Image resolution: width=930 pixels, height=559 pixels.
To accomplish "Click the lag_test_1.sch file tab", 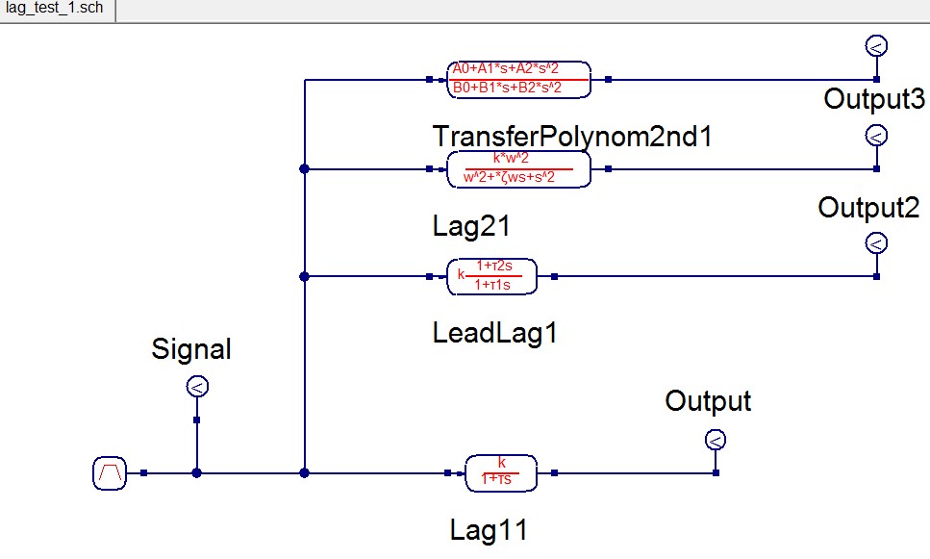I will click(x=56, y=11).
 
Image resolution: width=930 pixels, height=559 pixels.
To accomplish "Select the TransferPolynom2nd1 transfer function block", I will click(x=518, y=79).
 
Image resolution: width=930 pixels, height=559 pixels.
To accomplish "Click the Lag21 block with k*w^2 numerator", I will click(x=518, y=168).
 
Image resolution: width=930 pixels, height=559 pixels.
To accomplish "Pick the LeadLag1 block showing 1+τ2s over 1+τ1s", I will click(x=492, y=276).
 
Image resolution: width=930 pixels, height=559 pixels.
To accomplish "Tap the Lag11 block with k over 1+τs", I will click(x=501, y=472).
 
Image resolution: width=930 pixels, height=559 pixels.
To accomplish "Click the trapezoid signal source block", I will click(x=110, y=473).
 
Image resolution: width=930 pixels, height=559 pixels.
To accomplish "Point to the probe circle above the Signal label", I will click(x=196, y=388).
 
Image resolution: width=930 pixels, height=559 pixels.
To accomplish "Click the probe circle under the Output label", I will click(x=715, y=441).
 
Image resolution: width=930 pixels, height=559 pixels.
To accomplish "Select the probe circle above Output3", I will click(x=876, y=45).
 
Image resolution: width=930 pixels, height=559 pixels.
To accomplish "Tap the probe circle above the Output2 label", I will click(x=876, y=136).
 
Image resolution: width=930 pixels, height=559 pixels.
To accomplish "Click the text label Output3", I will click(x=874, y=99).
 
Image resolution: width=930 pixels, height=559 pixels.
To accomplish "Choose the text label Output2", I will click(x=868, y=207).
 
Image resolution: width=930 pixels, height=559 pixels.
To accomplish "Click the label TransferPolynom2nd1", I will click(x=572, y=136).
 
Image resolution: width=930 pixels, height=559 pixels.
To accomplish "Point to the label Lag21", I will click(x=470, y=226).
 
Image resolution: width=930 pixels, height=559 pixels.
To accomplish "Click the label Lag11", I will click(x=489, y=529).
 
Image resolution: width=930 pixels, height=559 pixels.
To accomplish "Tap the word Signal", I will click(x=191, y=349).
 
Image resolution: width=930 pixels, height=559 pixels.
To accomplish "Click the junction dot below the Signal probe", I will click(x=196, y=473).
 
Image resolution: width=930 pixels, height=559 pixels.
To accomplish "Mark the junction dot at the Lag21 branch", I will click(x=304, y=168).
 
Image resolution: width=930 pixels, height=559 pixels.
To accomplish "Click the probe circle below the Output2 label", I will click(x=876, y=243).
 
